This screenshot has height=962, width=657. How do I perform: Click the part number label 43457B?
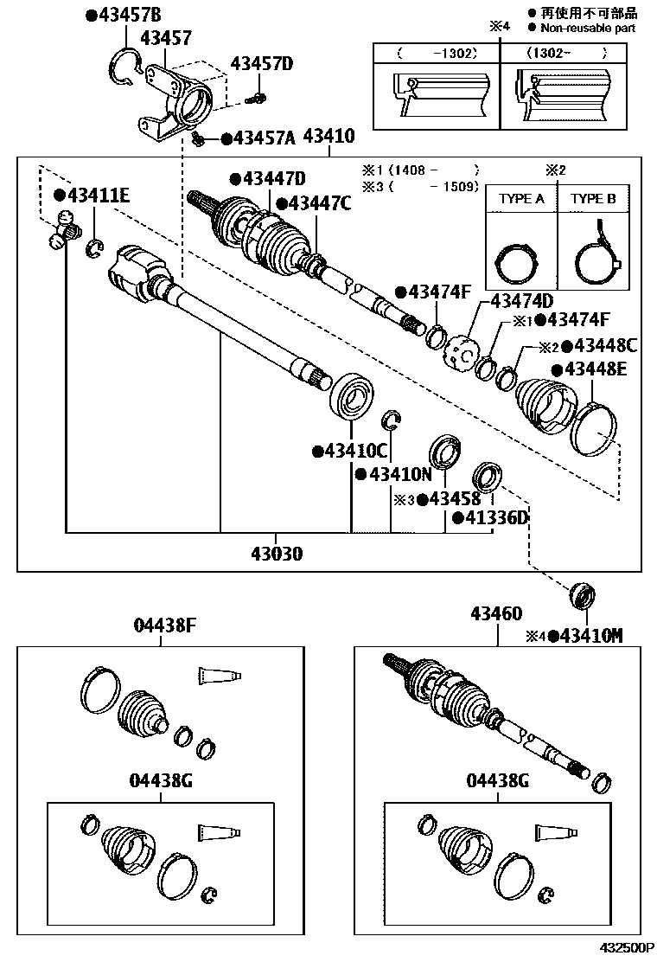click(x=129, y=16)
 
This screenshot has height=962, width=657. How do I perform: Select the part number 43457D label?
click(x=261, y=64)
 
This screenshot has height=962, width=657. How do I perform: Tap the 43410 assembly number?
click(x=328, y=137)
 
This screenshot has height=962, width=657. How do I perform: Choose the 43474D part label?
click(x=521, y=301)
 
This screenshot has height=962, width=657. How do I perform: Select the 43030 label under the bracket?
click(x=277, y=554)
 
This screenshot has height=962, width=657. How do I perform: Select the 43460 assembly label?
click(x=496, y=614)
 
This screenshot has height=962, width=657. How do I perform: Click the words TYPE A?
click(x=521, y=198)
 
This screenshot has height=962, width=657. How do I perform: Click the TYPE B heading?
click(x=593, y=198)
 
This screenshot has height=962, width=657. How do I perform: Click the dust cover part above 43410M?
click(x=580, y=598)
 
